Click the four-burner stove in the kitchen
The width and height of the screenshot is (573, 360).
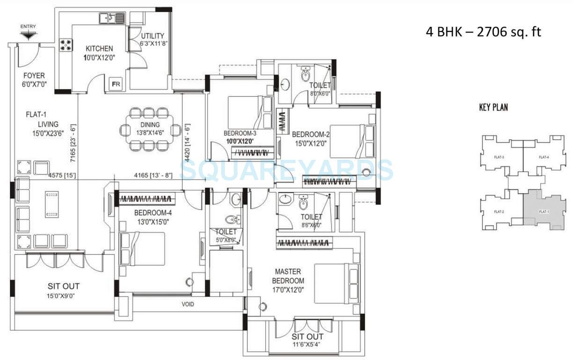66,45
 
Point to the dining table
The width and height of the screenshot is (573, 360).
149,129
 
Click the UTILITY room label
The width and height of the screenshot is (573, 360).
152,36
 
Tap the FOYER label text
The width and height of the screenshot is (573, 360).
33,75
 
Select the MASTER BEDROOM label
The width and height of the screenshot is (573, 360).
288,276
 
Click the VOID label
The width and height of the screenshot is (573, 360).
188,304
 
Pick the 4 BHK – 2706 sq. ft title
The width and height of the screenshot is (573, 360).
484,32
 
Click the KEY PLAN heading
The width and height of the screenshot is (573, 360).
493,108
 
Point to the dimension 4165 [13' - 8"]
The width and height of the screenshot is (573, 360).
149,177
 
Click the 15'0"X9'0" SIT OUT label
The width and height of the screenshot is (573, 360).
63,295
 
